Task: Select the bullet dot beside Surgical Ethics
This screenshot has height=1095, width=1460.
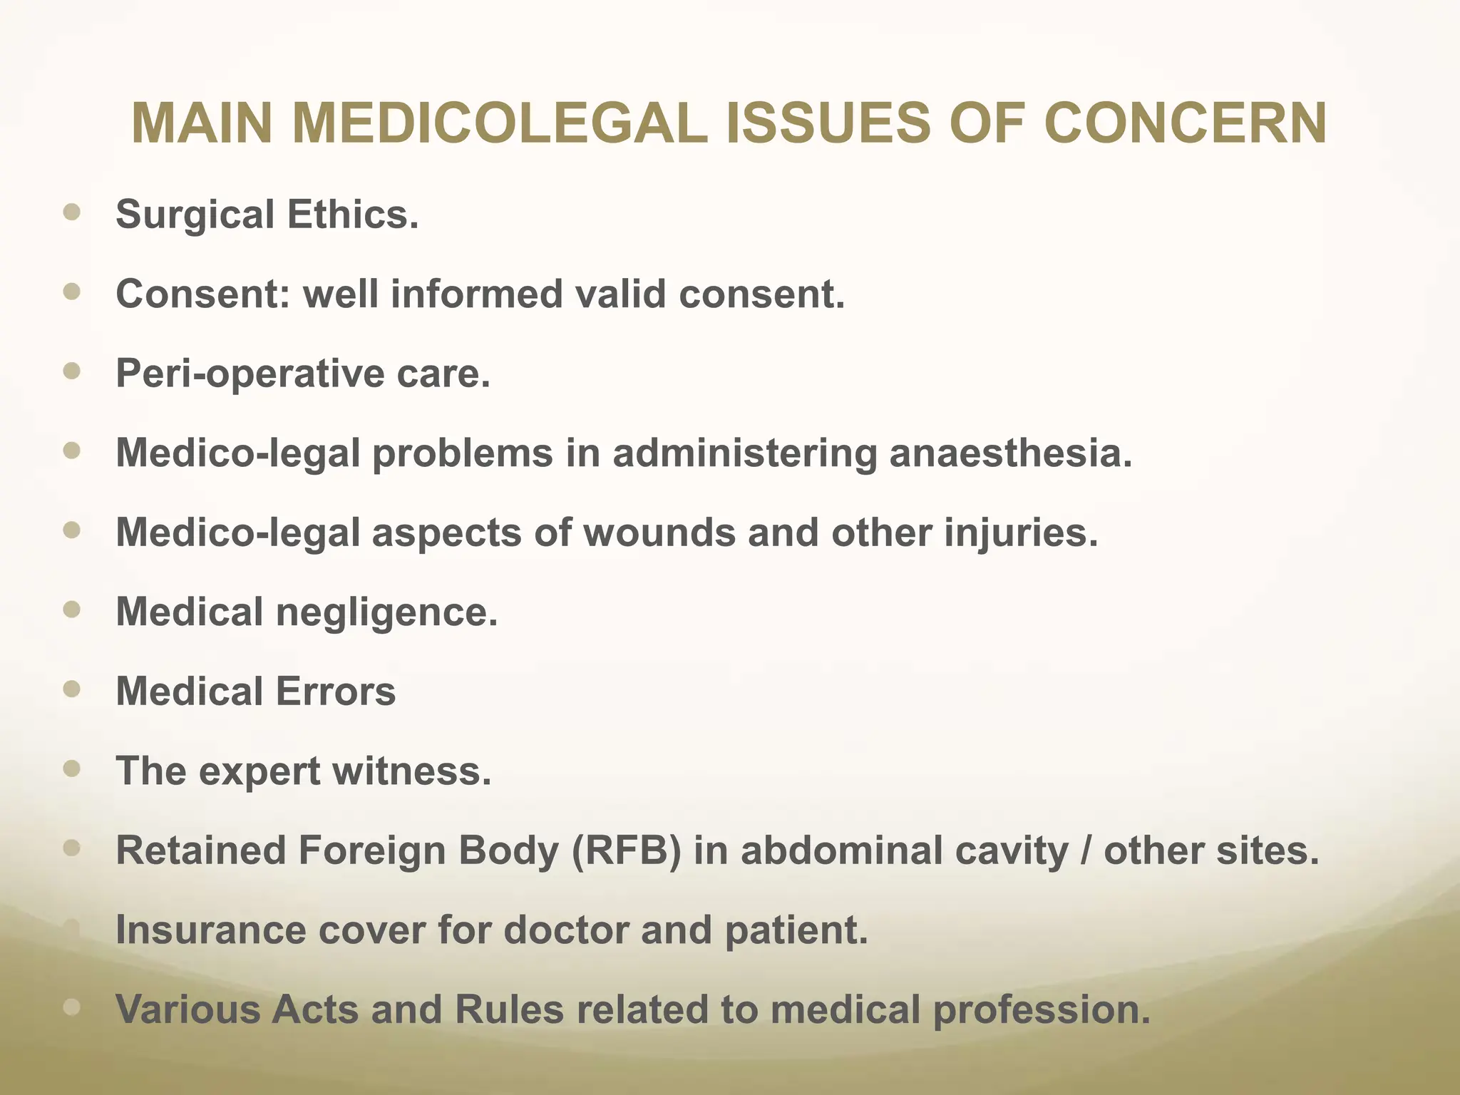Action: (x=71, y=212)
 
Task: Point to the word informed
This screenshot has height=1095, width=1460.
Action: (x=477, y=294)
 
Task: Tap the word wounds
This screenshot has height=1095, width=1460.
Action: (x=659, y=533)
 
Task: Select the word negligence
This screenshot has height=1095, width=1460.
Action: (x=386, y=612)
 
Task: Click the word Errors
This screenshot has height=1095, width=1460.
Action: (x=335, y=692)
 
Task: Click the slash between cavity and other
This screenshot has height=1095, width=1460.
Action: (x=1086, y=850)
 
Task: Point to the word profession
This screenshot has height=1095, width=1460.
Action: (x=1042, y=1011)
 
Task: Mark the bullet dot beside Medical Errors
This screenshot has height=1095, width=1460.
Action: (x=71, y=689)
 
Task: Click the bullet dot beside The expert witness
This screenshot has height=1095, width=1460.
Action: (x=71, y=768)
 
